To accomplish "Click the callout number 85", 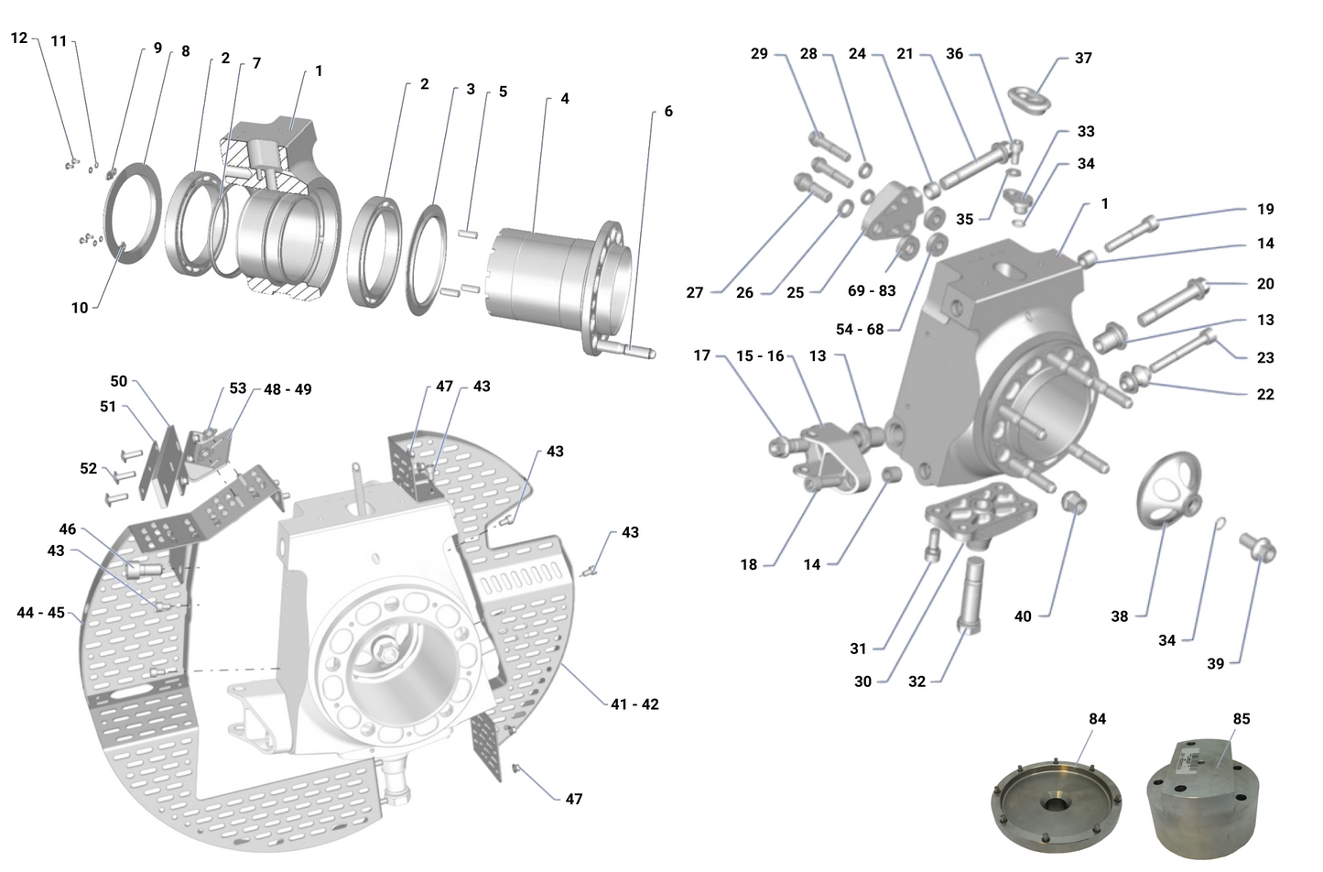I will coord(1241,719).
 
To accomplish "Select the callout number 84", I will coord(1097,719).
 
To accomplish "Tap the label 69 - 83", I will coord(871,290).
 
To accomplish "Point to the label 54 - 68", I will coord(860,329).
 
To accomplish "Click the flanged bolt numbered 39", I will coord(1259,547).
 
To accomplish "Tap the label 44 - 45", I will coord(41,612).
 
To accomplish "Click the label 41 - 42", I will coord(634,704).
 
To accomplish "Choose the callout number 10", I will coord(80,308).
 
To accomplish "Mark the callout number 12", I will coord(19,38).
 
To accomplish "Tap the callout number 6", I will coord(667,111).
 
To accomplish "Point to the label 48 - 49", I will coord(287,389).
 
